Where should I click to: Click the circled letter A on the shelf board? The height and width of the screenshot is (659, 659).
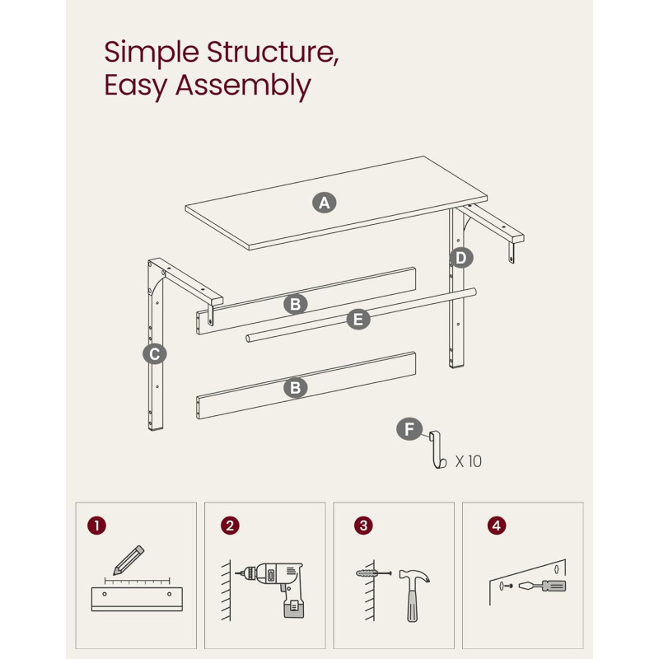(x=324, y=203)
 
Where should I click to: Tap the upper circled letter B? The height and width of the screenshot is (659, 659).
(x=296, y=304)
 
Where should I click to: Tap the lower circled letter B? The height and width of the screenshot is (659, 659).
(x=296, y=387)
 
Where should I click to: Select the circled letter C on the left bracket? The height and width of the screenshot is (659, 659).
(x=155, y=354)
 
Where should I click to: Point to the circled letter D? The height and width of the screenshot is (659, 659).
(x=461, y=258)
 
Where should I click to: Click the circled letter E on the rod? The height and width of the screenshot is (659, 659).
(x=358, y=320)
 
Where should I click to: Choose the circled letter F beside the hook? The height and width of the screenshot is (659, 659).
(x=409, y=429)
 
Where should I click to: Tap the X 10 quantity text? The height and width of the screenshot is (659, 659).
(x=469, y=461)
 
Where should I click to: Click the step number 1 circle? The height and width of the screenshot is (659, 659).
(x=96, y=526)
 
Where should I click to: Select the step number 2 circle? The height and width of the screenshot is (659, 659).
(x=230, y=526)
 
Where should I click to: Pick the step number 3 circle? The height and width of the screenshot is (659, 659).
(x=363, y=526)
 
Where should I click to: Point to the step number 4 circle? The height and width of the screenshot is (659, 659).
(x=497, y=526)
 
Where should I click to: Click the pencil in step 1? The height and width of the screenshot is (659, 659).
(x=129, y=560)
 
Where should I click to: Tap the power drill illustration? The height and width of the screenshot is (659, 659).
(x=273, y=588)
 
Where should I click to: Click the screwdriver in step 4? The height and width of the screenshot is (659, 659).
(x=542, y=586)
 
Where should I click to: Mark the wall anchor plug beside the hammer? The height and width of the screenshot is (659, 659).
(x=373, y=573)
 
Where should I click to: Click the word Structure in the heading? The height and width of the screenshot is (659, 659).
(x=273, y=52)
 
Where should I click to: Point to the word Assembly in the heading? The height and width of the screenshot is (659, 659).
(x=243, y=86)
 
